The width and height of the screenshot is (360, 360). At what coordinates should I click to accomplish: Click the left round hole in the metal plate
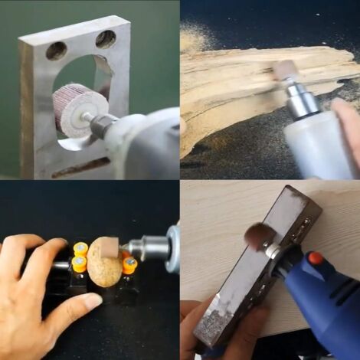[x=56, y=51]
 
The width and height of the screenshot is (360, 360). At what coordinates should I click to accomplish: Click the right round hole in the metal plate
[x=106, y=39]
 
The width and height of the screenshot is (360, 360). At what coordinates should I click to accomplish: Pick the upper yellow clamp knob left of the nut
[x=80, y=248]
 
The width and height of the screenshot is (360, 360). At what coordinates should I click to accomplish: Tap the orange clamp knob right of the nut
[x=129, y=265]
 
